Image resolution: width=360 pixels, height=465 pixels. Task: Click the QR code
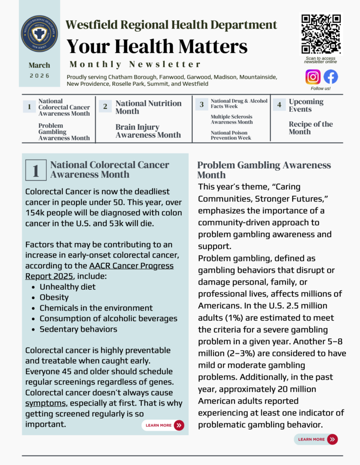tap(321, 34)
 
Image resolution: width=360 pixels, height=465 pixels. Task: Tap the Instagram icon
tap(313, 76)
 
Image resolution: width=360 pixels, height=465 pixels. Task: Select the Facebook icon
tap(330, 76)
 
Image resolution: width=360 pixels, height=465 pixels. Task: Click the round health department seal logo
tap(39, 33)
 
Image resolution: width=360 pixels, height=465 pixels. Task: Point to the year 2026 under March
tap(40, 76)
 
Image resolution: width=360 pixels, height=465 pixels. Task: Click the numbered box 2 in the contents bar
tap(105, 107)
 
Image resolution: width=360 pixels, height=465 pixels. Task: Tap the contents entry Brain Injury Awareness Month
tap(148, 131)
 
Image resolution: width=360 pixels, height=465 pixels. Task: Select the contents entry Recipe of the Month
tap(310, 128)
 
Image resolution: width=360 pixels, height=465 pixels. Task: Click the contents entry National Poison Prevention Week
tap(231, 135)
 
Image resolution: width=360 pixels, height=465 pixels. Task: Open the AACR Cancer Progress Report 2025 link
tap(99, 271)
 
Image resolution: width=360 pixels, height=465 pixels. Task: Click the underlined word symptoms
tap(45, 403)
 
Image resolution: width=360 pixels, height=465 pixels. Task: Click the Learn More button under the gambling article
tap(316, 439)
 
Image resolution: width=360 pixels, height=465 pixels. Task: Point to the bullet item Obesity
tap(54, 297)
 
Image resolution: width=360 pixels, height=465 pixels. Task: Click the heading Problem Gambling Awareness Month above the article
tap(264, 170)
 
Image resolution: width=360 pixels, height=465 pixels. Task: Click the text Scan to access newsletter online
tap(320, 60)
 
